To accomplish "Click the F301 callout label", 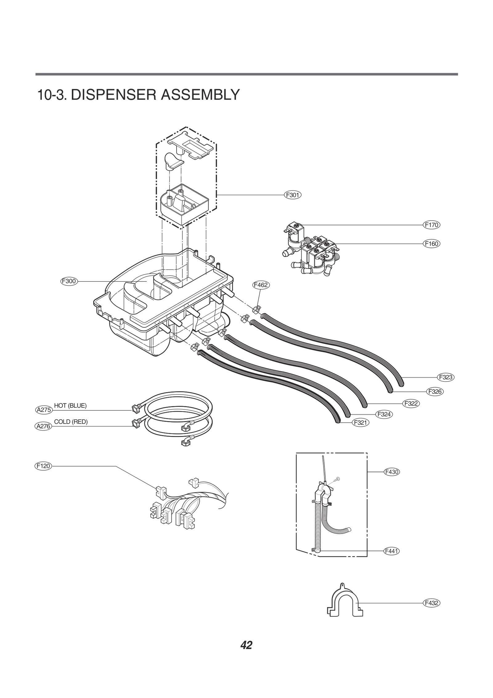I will (x=292, y=195).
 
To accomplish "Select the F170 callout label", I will (x=431, y=225).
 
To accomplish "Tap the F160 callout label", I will (x=431, y=243).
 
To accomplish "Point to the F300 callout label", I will (x=69, y=281).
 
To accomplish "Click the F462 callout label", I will (x=261, y=285).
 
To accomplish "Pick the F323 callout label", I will (x=446, y=377).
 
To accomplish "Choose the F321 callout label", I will (x=361, y=422).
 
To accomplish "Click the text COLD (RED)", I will (x=71, y=422).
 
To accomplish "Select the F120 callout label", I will (x=43, y=466).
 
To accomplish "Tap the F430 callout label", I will (x=392, y=472).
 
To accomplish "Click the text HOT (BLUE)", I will (x=70, y=405).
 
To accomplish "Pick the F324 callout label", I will (x=384, y=414).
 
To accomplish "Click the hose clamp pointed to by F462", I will (x=256, y=309).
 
